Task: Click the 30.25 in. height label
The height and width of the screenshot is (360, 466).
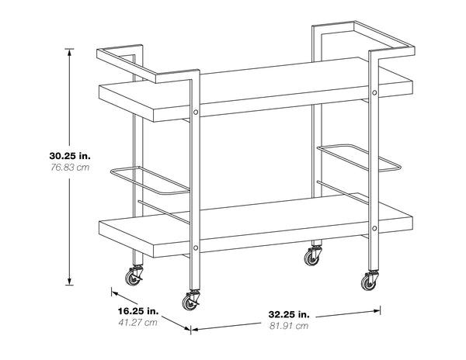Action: (70, 156)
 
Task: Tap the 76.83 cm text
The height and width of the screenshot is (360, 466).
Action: (70, 168)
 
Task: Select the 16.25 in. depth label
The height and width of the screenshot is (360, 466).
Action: (138, 311)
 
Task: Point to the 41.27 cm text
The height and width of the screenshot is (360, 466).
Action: (138, 322)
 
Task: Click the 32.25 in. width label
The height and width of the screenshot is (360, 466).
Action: (289, 314)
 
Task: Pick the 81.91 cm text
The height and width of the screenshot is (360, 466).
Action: (289, 326)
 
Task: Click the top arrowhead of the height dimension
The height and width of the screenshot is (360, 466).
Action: (70, 53)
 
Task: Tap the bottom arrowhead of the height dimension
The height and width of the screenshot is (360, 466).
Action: (70, 282)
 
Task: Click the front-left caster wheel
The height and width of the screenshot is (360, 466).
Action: (189, 302)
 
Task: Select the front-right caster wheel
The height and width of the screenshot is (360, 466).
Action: (368, 282)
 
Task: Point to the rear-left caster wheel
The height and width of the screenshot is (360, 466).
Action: (133, 277)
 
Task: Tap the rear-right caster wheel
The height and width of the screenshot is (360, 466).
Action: (311, 257)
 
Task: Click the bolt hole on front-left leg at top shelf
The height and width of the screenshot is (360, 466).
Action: (196, 112)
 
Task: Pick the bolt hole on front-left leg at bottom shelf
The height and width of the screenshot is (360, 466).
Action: (196, 247)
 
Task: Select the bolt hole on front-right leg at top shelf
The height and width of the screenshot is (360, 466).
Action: (374, 92)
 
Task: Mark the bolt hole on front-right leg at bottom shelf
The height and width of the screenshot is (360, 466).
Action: (374, 228)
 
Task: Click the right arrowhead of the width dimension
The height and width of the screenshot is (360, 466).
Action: (377, 311)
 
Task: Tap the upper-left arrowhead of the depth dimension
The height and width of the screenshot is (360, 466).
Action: (115, 293)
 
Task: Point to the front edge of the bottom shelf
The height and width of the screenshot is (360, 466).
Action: (256, 236)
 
